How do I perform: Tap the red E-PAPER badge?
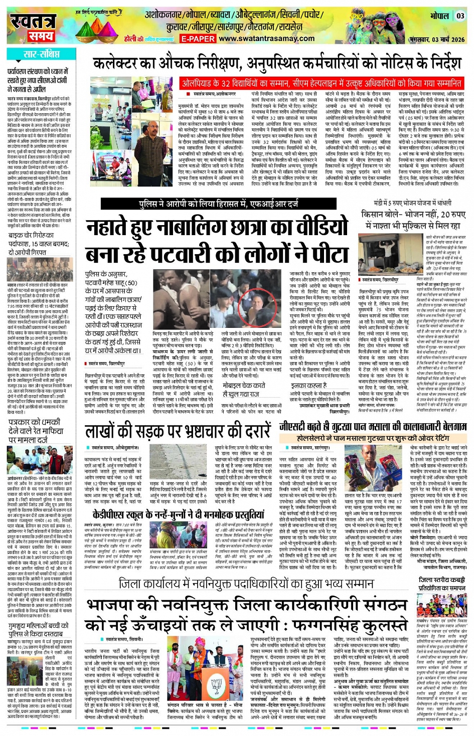[x=198, y=39]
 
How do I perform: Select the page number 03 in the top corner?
[x=460, y=16]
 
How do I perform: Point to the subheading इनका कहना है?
[x=305, y=386]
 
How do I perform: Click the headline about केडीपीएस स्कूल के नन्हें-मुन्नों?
[x=178, y=514]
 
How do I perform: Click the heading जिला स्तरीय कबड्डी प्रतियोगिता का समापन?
[x=442, y=584]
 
